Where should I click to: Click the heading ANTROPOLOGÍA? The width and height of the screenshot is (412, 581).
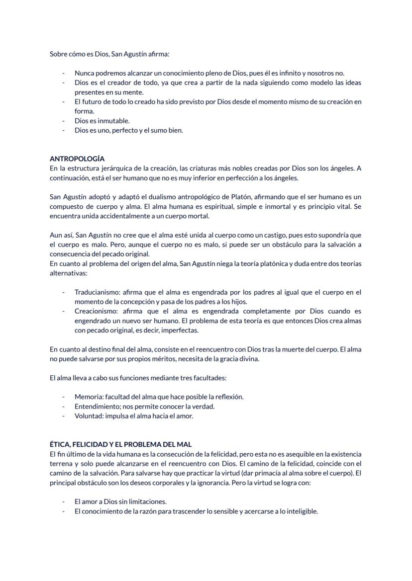(x=77, y=159)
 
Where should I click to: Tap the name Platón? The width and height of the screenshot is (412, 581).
(x=272, y=197)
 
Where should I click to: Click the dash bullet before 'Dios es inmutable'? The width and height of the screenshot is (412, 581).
(x=63, y=121)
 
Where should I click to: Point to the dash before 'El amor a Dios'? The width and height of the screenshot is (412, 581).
(x=63, y=502)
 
